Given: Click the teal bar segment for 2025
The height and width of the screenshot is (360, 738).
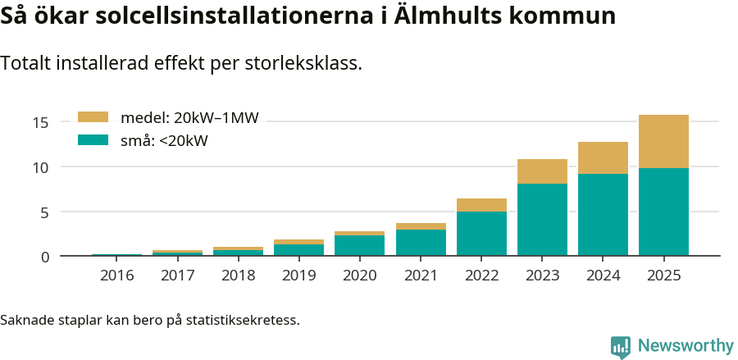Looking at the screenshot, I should pyautogui.click(x=663, y=212).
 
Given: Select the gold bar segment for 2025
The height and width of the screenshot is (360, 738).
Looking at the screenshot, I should pyautogui.click(x=663, y=141).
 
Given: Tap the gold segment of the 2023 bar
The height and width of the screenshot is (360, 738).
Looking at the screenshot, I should pyautogui.click(x=542, y=171).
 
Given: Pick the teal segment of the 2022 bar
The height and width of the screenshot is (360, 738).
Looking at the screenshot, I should pyautogui.click(x=481, y=234).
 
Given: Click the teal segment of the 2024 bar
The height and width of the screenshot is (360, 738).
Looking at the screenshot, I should pyautogui.click(x=603, y=214).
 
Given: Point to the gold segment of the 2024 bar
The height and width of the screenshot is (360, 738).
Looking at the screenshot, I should pyautogui.click(x=603, y=157).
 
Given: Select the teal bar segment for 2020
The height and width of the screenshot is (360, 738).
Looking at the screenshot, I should pyautogui.click(x=359, y=246).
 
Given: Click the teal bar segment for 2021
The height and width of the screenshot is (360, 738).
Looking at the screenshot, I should pyautogui.click(x=421, y=243).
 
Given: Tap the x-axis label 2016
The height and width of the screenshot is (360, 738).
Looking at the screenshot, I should pyautogui.click(x=116, y=275).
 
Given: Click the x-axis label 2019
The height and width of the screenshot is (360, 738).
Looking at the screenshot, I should pyautogui.click(x=298, y=275).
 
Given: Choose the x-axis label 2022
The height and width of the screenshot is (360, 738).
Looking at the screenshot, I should pyautogui.click(x=481, y=275).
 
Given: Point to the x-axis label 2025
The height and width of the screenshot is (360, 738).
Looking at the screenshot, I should pyautogui.click(x=663, y=275).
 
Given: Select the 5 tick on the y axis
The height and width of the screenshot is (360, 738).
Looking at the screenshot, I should pyautogui.click(x=45, y=212).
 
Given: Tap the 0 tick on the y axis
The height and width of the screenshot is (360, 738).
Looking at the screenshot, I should pyautogui.click(x=45, y=257).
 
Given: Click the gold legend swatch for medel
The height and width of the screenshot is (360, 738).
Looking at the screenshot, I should pyautogui.click(x=93, y=118).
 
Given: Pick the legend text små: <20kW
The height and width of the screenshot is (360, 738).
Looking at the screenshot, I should pyautogui.click(x=164, y=140).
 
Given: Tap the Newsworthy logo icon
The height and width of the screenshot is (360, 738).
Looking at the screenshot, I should pyautogui.click(x=621, y=346).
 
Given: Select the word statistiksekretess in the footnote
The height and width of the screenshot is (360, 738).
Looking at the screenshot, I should pyautogui.click(x=243, y=319).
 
